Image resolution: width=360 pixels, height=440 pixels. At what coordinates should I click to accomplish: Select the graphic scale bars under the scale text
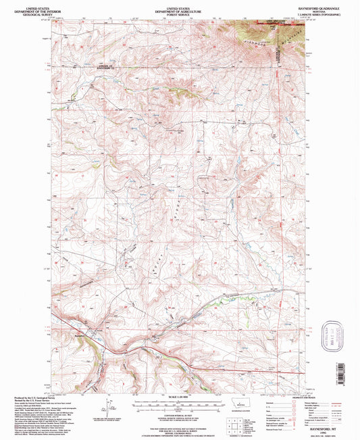180,404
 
